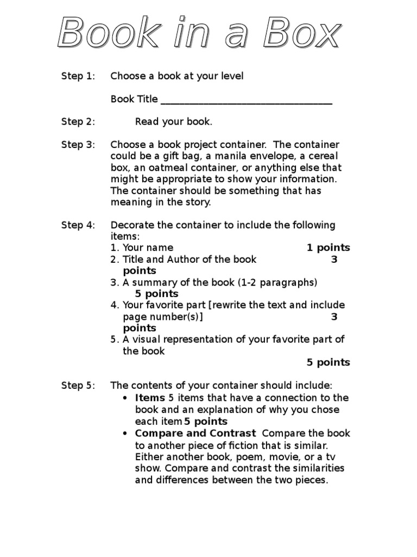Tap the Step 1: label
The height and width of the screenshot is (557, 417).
[78, 76]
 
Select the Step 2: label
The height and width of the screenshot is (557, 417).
[78, 122]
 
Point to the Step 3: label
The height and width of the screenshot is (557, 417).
[78, 145]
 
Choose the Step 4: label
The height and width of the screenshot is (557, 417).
[78, 225]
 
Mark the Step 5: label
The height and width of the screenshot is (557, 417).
[78, 386]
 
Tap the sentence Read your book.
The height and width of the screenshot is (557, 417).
[173, 122]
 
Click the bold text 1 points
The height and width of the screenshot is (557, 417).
[328, 248]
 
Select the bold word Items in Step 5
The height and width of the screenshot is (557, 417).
[150, 398]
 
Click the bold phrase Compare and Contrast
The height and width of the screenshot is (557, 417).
[195, 434]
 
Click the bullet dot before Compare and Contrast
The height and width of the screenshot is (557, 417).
[125, 434]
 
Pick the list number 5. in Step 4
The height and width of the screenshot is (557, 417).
[115, 340]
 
